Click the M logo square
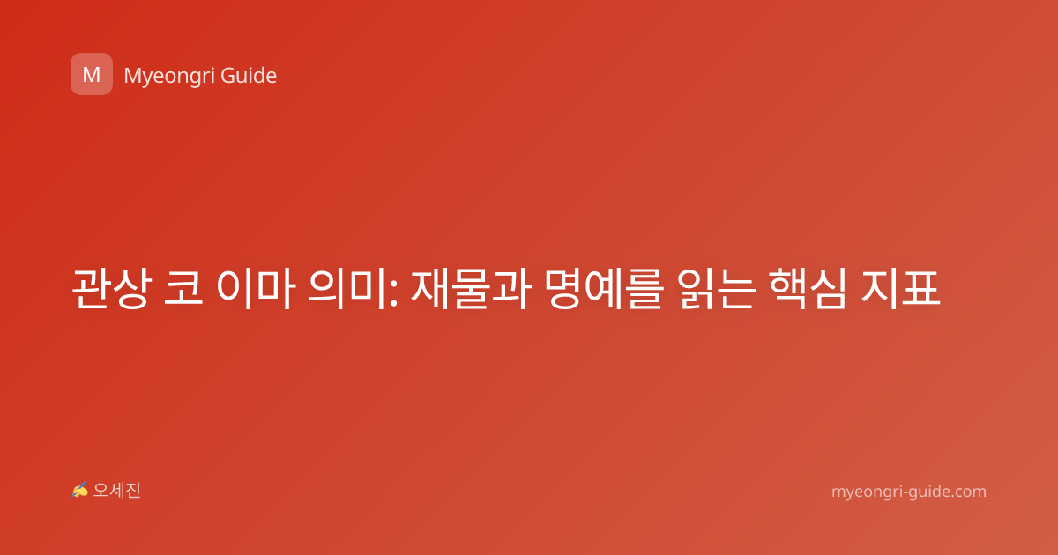[x=92, y=74]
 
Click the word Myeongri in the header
[x=168, y=77]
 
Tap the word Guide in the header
[x=249, y=76]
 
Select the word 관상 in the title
[x=112, y=288]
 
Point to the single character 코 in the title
[x=183, y=288]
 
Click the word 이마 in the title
[x=256, y=288]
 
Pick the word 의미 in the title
[x=347, y=288]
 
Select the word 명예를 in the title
[x=604, y=288]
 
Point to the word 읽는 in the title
[x=717, y=288]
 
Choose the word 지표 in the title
[x=900, y=288]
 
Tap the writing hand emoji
[x=80, y=490]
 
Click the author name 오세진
[x=116, y=491]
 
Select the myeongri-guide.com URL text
[x=909, y=492]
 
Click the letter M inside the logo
[x=92, y=75]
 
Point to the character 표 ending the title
[x=921, y=288]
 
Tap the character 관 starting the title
[x=91, y=288]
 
